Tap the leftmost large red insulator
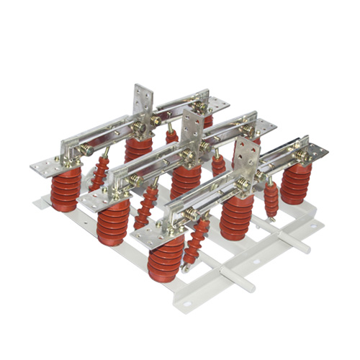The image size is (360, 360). coord(64,191)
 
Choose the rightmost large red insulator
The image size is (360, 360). coord(295,184)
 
